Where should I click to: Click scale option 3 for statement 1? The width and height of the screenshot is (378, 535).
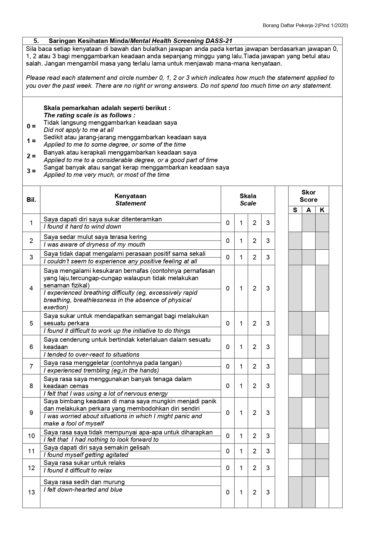point(268,223)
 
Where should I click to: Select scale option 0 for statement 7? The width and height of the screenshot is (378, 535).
point(228,366)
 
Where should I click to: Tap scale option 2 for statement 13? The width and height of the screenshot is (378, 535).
point(254,492)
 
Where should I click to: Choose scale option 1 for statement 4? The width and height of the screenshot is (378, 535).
point(241,288)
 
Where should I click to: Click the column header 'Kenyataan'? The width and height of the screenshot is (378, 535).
point(130,196)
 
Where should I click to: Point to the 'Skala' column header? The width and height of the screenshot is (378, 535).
point(248,196)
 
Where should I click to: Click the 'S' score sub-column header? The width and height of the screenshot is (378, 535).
point(295,210)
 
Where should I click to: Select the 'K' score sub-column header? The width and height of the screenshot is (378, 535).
point(322,210)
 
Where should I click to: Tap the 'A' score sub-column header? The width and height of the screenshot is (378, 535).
point(309,210)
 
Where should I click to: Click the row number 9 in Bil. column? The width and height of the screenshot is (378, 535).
point(31,413)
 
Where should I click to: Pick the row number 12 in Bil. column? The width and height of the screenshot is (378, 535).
point(31,468)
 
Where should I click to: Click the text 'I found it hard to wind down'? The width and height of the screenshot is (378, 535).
point(82,227)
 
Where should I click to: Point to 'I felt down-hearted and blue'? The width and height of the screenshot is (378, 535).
point(83,490)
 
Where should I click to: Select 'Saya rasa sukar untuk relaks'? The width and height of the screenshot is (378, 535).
point(84,463)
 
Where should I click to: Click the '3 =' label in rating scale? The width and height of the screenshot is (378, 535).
point(31,171)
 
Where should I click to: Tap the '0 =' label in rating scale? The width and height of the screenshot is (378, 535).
point(31,126)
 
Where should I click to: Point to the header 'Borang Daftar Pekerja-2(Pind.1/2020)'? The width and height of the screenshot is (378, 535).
point(305,26)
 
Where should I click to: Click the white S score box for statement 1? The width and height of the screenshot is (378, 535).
point(295,223)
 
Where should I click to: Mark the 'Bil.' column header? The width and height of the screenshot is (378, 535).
point(31,200)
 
